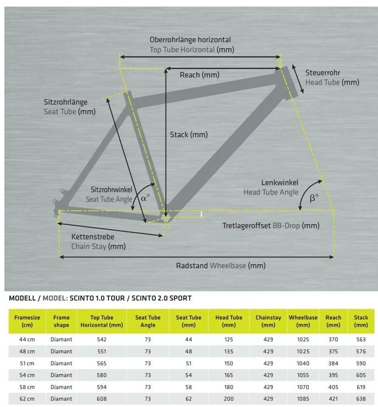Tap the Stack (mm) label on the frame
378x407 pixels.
coord(188,134)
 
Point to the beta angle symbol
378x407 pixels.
coord(314,199)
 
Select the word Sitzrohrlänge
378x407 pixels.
coord(65,102)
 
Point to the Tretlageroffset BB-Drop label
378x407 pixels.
coord(270,225)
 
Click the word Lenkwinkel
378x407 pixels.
coord(280,183)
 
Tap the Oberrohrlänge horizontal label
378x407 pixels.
coord(190,40)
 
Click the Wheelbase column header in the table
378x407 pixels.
coord(303,321)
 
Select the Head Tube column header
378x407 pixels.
coord(229,321)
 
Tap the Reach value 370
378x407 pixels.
coord(333,340)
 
